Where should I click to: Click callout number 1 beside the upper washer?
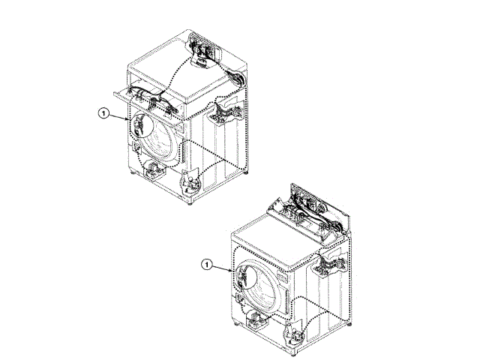pos(103,113)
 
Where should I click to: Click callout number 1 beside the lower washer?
pos(207,264)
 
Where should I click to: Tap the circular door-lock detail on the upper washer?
pos(142,124)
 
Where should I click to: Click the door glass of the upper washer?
pos(162,137)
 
